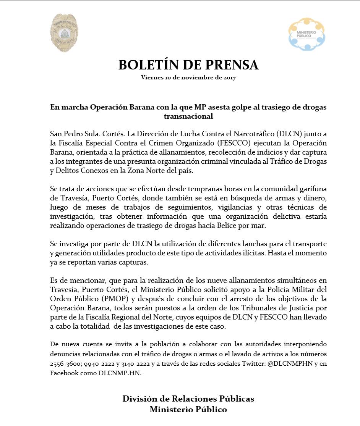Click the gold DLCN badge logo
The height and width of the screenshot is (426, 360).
click(64, 33)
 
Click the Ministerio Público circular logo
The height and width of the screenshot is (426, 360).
click(306, 34)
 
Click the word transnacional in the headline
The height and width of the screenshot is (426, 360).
click(188, 116)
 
